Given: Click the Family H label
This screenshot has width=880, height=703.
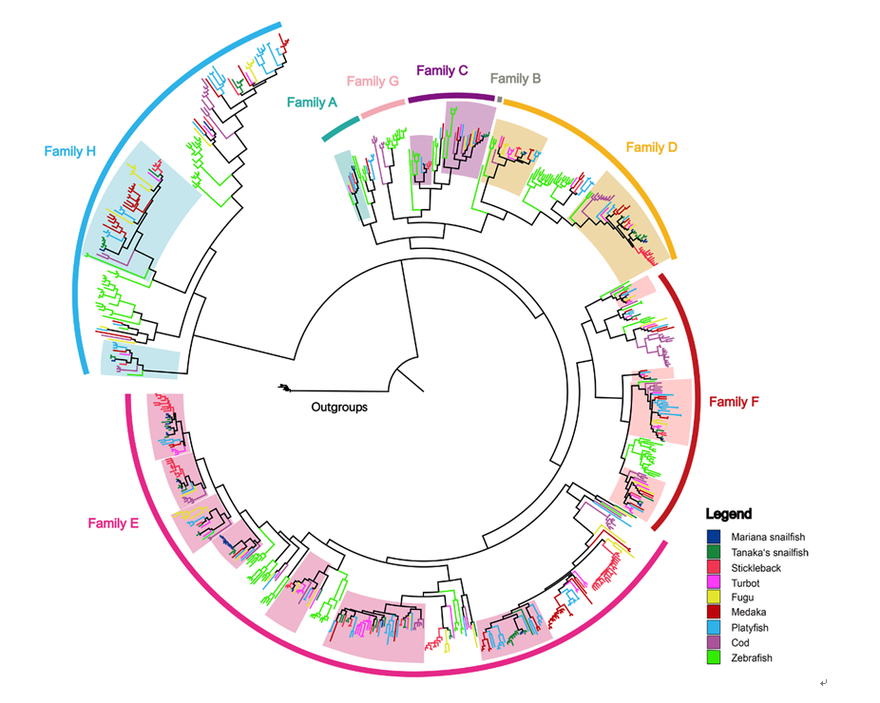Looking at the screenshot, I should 71,150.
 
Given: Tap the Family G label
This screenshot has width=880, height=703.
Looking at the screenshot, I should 373,82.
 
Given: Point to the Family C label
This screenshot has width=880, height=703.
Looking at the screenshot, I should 442,70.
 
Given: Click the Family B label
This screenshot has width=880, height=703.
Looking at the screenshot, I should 515,79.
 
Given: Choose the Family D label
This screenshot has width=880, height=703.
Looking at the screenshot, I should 652,147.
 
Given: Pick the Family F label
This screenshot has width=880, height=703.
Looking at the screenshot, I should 734,402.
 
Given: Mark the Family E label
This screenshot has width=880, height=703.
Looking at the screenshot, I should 114,522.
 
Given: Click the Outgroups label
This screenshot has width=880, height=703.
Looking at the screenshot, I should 338,408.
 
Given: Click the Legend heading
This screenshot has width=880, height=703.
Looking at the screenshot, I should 729,514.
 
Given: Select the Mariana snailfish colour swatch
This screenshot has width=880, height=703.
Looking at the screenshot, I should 714,537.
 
